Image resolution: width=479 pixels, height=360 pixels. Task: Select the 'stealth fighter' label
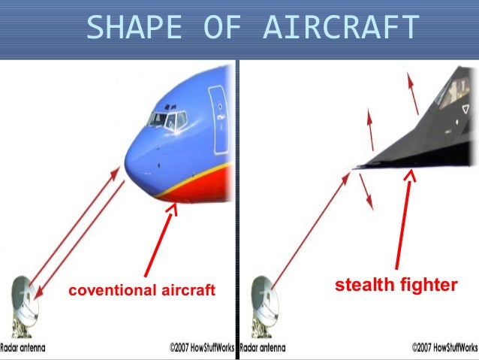coord(396,285)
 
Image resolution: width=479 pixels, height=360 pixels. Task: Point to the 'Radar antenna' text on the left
coord(34,349)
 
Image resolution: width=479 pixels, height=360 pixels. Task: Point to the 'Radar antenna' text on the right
coord(273,349)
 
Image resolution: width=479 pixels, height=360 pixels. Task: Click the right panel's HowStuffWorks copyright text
coord(444,349)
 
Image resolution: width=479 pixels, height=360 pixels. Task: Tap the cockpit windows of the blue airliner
coord(167,119)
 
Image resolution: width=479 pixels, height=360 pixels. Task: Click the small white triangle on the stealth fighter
coord(465,110)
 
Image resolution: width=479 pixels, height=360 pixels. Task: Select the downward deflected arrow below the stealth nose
coord(366,192)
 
